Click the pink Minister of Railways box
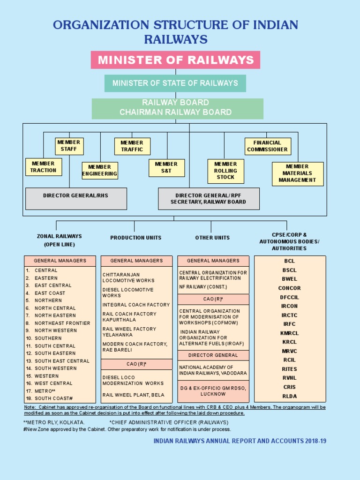click(175, 60)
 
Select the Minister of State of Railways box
click(175, 83)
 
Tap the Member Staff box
click(69, 146)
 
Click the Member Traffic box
click(132, 146)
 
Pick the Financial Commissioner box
click(268, 146)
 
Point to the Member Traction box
click(43, 167)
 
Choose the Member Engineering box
click(100, 171)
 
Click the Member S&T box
click(166, 168)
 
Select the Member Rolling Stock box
click(225, 171)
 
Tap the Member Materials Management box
click(298, 173)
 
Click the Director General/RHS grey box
click(76, 198)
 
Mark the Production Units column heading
click(136, 238)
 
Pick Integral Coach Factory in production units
click(136, 305)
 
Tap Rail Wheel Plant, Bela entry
click(130, 395)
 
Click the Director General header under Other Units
click(213, 355)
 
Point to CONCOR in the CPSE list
click(290, 288)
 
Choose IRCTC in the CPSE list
click(290, 315)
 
